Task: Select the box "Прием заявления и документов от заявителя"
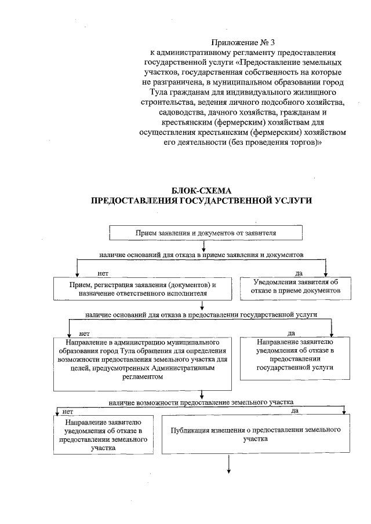click(206, 233)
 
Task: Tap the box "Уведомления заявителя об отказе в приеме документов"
click(290, 286)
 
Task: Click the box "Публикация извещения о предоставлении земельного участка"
click(256, 434)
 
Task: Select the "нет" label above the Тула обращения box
click(84, 334)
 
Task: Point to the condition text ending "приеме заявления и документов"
click(202, 254)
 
